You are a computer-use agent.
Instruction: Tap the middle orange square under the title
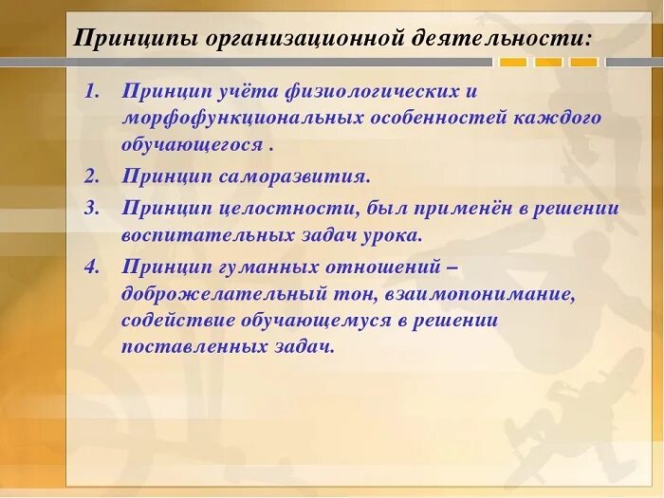click(x=548, y=63)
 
